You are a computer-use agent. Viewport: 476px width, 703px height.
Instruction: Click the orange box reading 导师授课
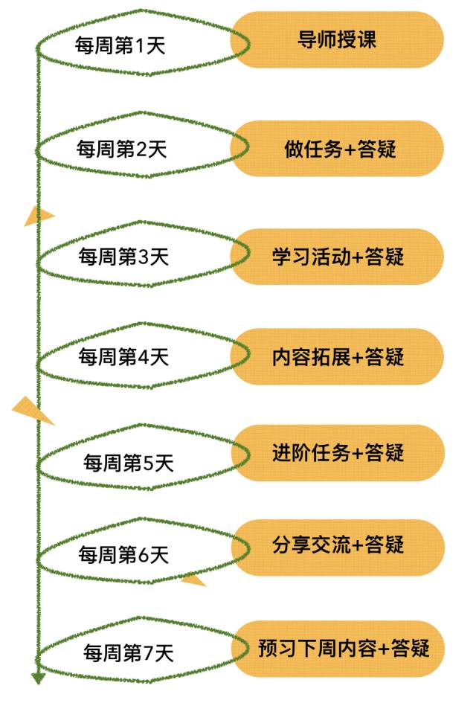click(x=337, y=39)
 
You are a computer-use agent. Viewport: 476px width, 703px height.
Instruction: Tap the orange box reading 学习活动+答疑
click(x=338, y=257)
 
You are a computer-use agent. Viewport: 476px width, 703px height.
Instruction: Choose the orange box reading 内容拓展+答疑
click(x=338, y=356)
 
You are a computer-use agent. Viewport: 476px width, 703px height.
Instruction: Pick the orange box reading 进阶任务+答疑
click(x=338, y=452)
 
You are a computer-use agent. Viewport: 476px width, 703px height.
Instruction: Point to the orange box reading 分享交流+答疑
click(x=338, y=547)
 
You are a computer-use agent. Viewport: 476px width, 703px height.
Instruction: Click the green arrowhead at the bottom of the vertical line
click(x=38, y=677)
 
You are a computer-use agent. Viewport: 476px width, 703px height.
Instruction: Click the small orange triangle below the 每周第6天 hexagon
click(x=193, y=580)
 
